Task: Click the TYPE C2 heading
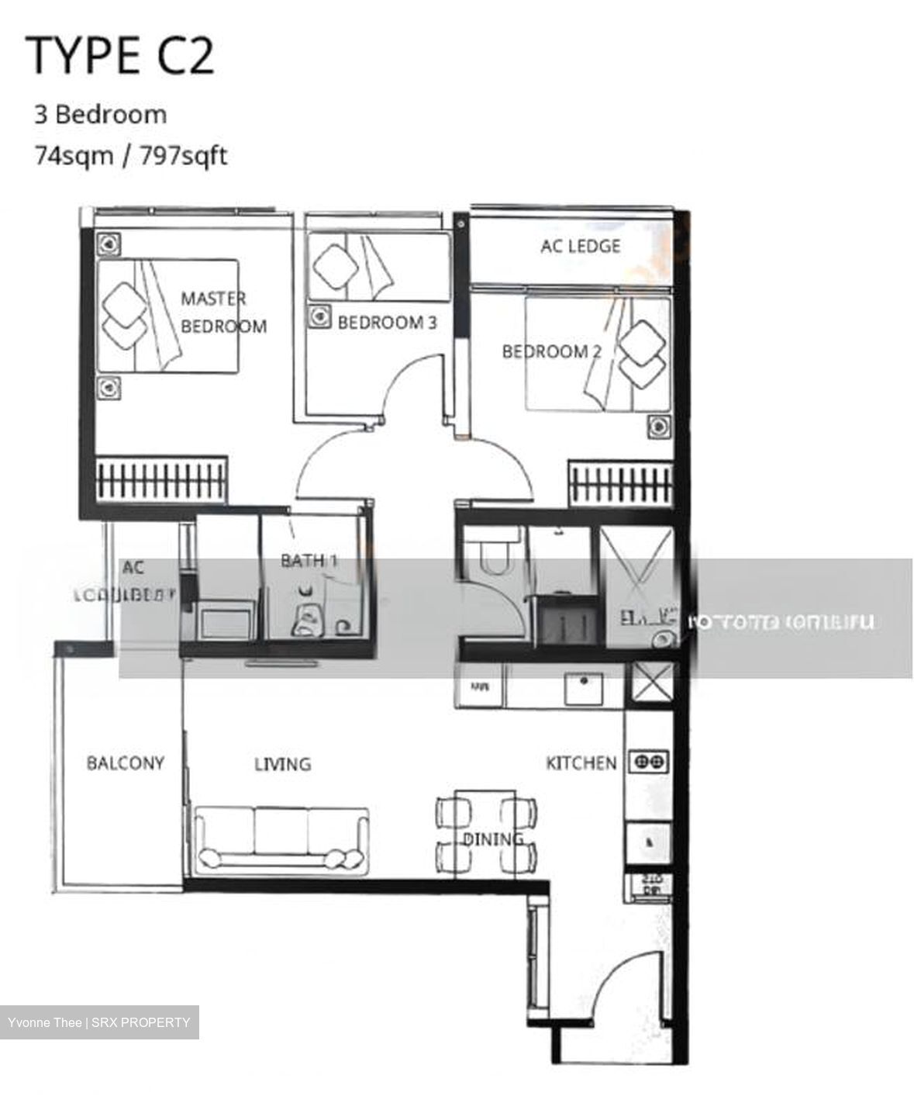pos(120,55)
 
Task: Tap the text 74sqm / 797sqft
pos(129,156)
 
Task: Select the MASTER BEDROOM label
pos(222,312)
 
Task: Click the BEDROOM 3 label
pos(386,322)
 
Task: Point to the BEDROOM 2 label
pos(551,351)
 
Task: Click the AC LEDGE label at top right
pos(580,246)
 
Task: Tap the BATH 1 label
pos(309,559)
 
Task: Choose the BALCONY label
pos(125,763)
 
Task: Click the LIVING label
pos(282,764)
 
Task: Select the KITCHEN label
pos(581,763)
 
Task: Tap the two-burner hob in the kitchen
pos(648,762)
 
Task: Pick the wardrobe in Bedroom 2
pos(619,483)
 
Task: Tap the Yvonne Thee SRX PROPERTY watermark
pos(99,1022)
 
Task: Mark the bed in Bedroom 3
pos(378,268)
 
